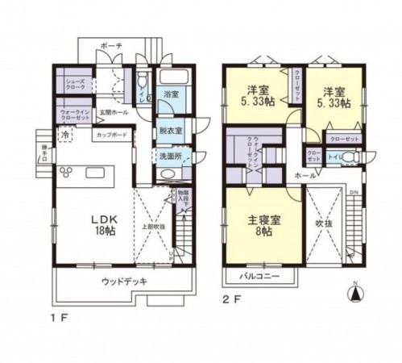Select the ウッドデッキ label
click(x=124, y=282)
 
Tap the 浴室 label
click(x=171, y=94)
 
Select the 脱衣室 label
click(x=171, y=130)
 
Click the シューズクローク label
click(x=67, y=83)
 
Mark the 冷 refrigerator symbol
click(x=63, y=135)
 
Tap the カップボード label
click(x=112, y=136)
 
